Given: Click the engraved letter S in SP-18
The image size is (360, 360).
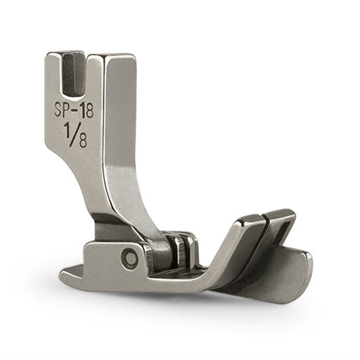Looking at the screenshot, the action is click(x=59, y=110).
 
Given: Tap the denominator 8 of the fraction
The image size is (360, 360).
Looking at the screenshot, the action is click(x=83, y=141).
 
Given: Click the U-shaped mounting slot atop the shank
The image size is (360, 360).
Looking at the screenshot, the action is click(x=74, y=75).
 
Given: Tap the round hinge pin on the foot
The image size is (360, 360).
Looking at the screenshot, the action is click(x=128, y=259).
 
